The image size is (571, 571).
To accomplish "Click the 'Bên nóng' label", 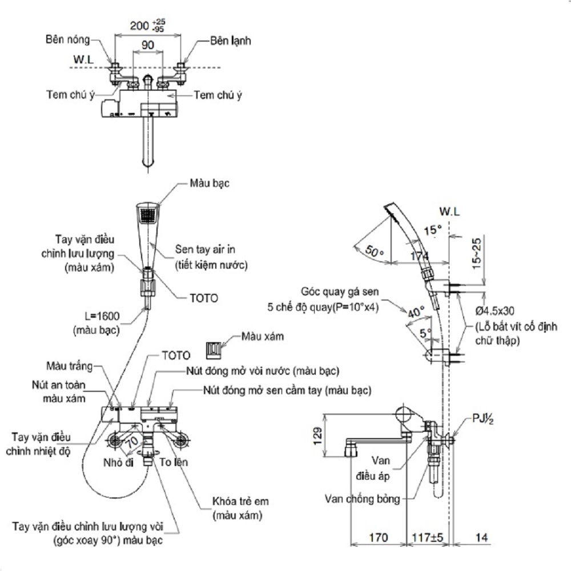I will (x=68, y=41).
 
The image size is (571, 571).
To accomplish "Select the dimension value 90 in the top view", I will (x=148, y=45).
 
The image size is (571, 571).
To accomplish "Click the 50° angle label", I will (x=374, y=251).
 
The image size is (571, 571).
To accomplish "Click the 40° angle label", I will (x=415, y=312).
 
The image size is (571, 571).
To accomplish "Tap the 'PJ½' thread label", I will (x=482, y=420).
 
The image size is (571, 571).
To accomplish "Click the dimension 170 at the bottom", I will (x=378, y=538).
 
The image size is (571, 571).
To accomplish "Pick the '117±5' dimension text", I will (x=429, y=538).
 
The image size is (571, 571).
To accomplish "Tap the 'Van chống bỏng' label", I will (x=361, y=498).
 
